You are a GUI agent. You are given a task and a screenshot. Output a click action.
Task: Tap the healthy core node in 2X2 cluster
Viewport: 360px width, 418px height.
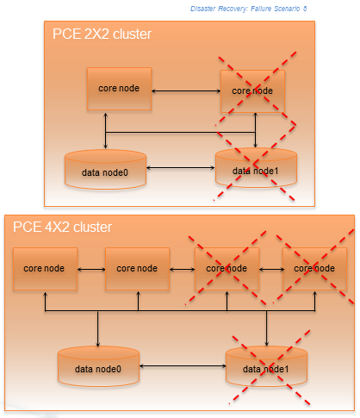(x=119, y=89)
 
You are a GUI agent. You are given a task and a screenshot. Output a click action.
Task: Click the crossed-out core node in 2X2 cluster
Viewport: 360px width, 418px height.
(x=252, y=90)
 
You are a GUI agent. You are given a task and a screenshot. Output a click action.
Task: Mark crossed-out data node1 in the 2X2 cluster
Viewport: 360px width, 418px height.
(x=256, y=169)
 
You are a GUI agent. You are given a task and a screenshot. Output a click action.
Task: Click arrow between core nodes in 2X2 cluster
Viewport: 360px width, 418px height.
(x=186, y=90)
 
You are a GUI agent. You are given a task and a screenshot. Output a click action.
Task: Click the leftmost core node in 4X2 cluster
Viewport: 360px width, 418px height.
(x=45, y=268)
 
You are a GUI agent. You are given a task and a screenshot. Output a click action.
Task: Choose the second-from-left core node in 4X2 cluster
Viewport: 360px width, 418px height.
(x=136, y=268)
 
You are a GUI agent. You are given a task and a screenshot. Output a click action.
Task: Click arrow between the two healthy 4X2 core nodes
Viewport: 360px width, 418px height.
(x=90, y=269)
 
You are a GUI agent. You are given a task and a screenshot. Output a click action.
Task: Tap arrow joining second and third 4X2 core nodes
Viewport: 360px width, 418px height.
(x=182, y=269)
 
